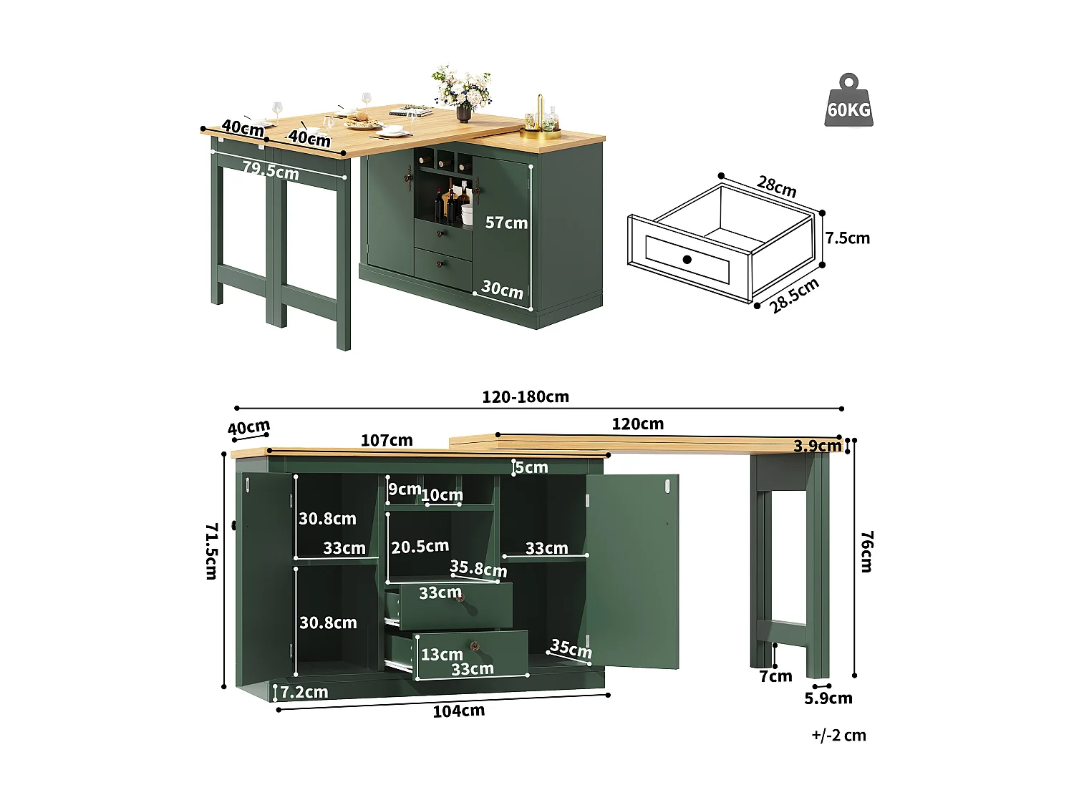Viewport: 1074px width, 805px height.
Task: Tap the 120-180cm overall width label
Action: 525,397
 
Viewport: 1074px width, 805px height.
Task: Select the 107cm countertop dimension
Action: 386,441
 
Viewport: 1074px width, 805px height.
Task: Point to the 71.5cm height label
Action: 211,551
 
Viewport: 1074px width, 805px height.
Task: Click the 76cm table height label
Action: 866,551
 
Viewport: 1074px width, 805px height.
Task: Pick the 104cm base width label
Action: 458,711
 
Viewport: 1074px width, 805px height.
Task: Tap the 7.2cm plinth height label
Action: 304,692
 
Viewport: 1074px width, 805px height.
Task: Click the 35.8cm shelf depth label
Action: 478,569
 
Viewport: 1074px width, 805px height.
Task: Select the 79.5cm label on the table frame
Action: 270,170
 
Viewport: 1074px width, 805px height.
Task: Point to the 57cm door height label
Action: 506,223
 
